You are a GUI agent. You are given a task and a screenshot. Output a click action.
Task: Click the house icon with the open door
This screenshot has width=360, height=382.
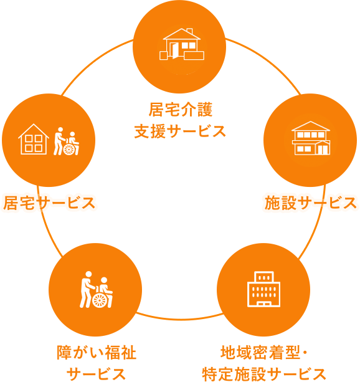(x=182, y=44)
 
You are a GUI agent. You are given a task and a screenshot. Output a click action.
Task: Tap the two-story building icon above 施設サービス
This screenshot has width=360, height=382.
(x=311, y=138)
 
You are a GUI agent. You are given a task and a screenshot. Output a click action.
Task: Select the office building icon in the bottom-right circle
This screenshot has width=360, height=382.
(x=263, y=289)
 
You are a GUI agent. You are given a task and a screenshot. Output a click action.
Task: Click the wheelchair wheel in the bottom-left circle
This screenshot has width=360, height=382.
(x=100, y=300)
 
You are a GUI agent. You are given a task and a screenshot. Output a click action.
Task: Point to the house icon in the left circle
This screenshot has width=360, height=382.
(x=34, y=139)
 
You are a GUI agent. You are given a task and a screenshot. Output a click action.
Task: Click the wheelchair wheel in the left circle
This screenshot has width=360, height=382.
(x=69, y=149)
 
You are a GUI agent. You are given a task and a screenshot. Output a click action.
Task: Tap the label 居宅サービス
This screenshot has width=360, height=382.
(x=49, y=203)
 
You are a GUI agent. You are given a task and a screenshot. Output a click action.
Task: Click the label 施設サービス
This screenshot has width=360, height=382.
(x=311, y=203)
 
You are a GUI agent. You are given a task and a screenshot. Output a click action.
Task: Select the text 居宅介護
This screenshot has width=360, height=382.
(x=180, y=110)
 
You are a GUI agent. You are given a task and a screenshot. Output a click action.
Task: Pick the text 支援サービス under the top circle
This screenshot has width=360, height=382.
(x=180, y=131)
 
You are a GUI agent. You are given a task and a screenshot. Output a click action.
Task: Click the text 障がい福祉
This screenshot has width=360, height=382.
(x=97, y=353)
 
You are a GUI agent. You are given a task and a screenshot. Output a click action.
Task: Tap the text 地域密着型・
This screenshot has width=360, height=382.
(x=265, y=353)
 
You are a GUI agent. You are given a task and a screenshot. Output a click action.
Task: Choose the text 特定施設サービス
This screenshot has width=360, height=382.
(x=264, y=374)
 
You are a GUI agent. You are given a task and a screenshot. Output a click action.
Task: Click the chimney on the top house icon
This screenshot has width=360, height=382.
(x=189, y=31)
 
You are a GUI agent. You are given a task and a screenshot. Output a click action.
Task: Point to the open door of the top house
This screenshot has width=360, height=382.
(x=175, y=50)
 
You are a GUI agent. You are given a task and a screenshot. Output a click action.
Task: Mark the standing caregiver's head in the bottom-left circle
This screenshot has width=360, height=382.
(x=88, y=274)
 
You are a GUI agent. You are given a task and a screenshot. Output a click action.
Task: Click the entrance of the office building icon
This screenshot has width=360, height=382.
(x=264, y=304)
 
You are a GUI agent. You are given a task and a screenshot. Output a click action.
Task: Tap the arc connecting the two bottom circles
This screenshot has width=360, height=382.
(x=180, y=318)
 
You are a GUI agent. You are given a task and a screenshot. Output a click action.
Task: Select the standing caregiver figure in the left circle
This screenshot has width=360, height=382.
(x=59, y=141)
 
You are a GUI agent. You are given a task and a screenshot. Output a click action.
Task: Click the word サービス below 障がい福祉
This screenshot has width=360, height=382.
(x=97, y=374)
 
